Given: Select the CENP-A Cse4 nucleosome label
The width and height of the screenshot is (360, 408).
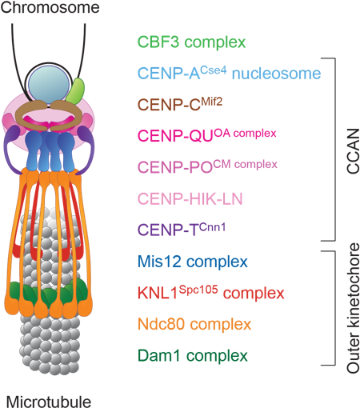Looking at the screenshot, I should pos(229,74).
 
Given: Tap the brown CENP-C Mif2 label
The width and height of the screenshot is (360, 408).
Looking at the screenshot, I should pos(181,104).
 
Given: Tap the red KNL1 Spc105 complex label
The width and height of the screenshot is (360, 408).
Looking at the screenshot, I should pos(210,292).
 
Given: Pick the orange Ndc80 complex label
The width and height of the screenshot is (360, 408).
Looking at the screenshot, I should pos(194,324).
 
